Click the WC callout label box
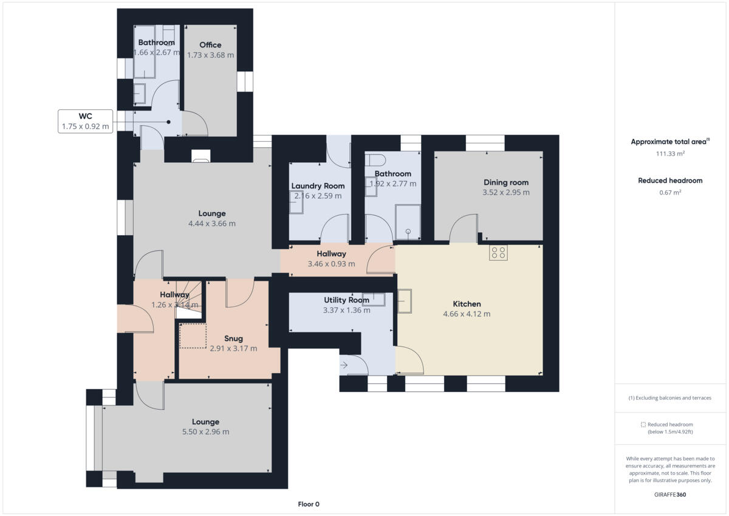tap(86, 122)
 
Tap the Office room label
tap(210, 45)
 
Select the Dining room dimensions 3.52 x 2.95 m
tap(505, 193)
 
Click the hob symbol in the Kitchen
tap(498, 253)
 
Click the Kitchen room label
tap(467, 304)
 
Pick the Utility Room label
tap(346, 300)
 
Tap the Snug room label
tap(233, 339)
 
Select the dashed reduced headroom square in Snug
tap(193, 335)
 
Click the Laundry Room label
tap(318, 186)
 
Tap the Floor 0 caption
tap(309, 504)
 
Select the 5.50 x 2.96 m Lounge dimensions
tap(205, 432)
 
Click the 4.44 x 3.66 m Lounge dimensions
tap(211, 224)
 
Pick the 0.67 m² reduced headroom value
tap(670, 193)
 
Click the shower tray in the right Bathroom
tap(408, 222)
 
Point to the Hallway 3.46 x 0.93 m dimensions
tap(331, 264)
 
